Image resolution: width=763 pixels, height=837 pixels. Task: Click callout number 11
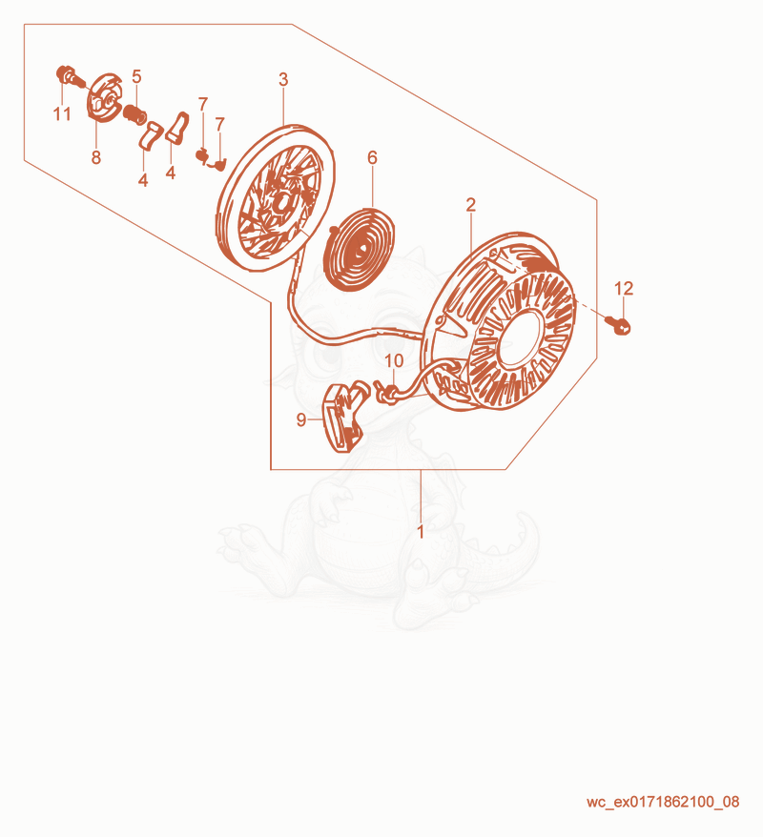(x=62, y=114)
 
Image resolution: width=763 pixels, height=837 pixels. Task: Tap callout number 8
(x=96, y=157)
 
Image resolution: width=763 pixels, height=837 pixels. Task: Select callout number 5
(x=136, y=76)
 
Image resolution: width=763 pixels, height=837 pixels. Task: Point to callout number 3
(x=283, y=79)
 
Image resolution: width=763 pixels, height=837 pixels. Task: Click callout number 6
(x=372, y=157)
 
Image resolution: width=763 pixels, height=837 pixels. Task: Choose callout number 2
(x=470, y=204)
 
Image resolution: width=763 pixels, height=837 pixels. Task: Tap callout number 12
(x=624, y=288)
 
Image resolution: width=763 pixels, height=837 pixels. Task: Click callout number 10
(x=394, y=361)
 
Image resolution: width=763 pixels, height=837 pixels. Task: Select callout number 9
(x=301, y=420)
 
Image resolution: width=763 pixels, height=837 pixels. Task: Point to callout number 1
(x=421, y=532)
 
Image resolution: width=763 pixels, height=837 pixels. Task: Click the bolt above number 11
(x=70, y=76)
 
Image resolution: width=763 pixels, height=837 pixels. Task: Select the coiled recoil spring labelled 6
(x=361, y=248)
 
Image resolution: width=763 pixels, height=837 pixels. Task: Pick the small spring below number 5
(x=135, y=114)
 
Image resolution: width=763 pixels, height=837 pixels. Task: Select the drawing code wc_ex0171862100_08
(x=663, y=802)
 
